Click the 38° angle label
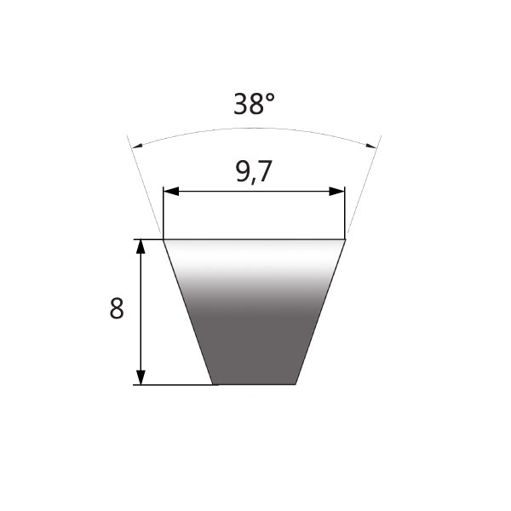[x=254, y=104]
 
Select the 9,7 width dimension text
[x=253, y=173]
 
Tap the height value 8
[x=117, y=309]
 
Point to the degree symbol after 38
[x=270, y=97]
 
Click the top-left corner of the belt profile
[x=164, y=239]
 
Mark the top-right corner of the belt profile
[x=345, y=239]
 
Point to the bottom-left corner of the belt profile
[x=212, y=384]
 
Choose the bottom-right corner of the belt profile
[x=296, y=384]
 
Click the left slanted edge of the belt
[x=187, y=312]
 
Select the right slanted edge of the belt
[x=320, y=312]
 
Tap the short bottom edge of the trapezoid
[x=254, y=384]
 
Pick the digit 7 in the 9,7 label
[x=267, y=173]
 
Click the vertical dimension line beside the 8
[x=141, y=312]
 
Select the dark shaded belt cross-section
[x=254, y=332]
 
